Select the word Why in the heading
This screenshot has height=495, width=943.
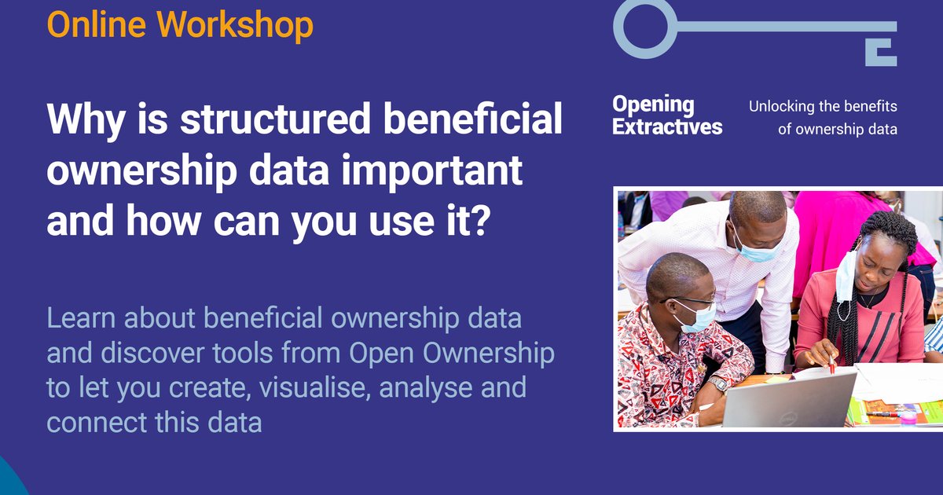pyautogui.click(x=84, y=119)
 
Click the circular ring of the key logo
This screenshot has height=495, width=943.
pyautogui.click(x=644, y=27)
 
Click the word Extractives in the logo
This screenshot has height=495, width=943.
pyautogui.click(x=667, y=127)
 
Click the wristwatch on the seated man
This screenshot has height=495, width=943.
pyautogui.click(x=717, y=383)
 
